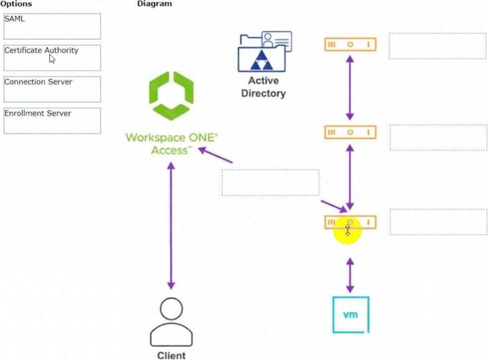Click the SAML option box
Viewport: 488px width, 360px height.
tap(52, 26)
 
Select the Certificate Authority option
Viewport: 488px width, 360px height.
tap(52, 58)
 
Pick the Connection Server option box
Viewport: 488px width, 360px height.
tap(52, 89)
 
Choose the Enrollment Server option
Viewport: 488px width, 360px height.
tap(52, 121)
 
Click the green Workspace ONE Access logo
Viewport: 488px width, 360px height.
tap(171, 96)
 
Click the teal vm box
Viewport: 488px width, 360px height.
tap(351, 315)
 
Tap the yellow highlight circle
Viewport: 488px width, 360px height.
tap(347, 231)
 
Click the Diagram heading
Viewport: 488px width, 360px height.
tap(154, 4)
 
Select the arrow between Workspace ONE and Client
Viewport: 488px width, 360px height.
tap(171, 226)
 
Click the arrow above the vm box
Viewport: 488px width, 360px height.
tap(350, 275)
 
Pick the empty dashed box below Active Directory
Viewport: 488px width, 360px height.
tap(271, 183)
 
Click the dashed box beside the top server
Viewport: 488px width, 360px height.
tap(437, 46)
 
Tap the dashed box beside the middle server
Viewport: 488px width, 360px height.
tap(438, 138)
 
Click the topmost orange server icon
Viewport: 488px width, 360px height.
tap(350, 45)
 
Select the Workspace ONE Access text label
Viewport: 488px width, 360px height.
tap(171, 143)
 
